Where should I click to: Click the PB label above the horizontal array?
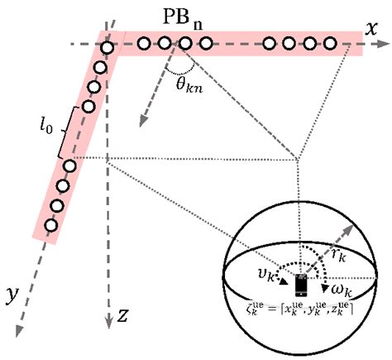coord(187,17)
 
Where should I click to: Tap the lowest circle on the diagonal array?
coord(51,223)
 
